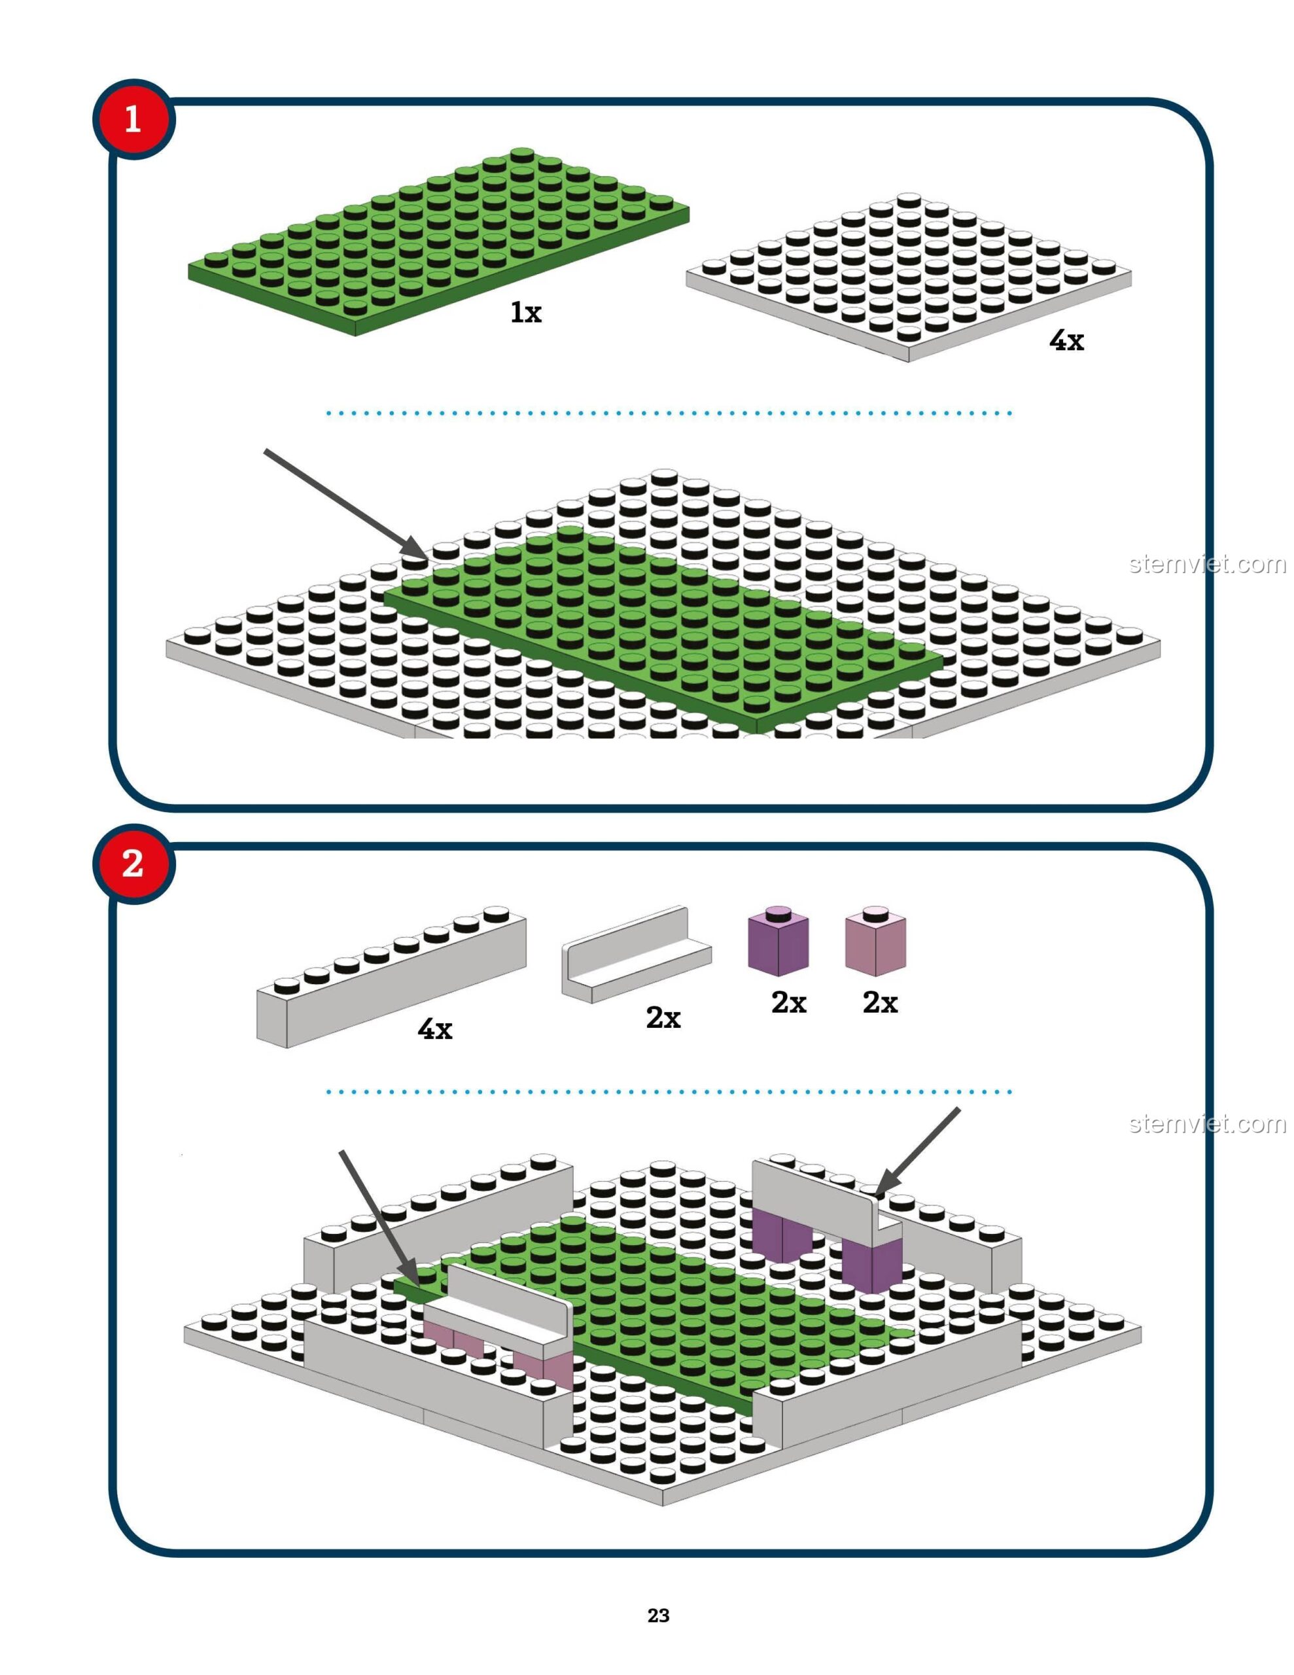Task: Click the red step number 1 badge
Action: click(x=133, y=120)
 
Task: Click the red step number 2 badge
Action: click(x=133, y=864)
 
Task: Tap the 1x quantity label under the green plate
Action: click(x=526, y=312)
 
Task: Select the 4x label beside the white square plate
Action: click(x=1066, y=340)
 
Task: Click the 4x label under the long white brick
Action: click(x=435, y=1029)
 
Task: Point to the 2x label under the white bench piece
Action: click(x=663, y=1017)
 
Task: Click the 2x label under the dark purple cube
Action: click(x=788, y=1002)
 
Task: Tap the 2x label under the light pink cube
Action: click(x=880, y=1002)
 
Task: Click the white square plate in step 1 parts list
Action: click(x=909, y=276)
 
